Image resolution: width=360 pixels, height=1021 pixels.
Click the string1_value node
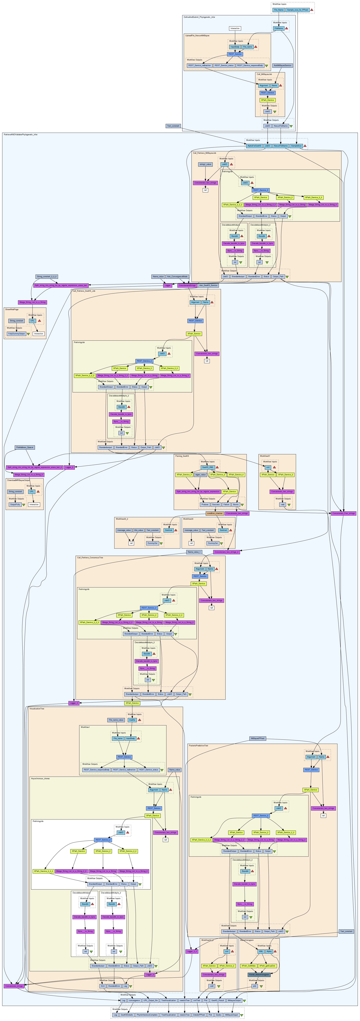tap(205, 164)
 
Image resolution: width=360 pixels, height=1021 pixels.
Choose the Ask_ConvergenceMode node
tap(177, 276)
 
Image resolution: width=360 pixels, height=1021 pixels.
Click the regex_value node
tap(200, 474)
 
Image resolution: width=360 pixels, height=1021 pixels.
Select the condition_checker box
tap(214, 513)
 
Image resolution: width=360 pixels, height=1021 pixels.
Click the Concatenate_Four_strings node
tap(343, 513)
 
